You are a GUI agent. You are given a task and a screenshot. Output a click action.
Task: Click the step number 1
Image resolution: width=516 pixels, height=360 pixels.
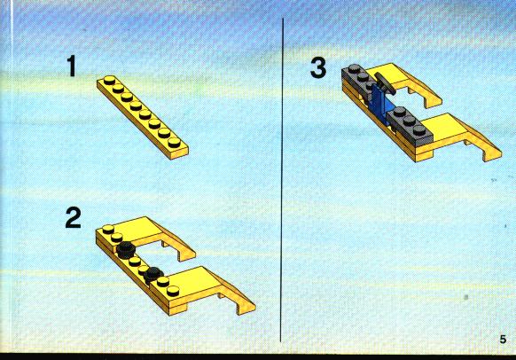72,67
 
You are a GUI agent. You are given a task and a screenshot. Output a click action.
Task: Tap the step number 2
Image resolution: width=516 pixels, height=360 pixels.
73,217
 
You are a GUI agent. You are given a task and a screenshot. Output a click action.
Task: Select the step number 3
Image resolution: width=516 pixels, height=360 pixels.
318,67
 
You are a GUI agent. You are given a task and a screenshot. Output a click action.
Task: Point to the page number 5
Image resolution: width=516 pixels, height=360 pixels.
503,340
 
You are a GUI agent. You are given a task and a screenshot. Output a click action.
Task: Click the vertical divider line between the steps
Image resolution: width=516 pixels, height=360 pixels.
282,180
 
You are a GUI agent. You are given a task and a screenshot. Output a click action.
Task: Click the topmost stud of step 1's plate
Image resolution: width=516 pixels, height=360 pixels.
109,80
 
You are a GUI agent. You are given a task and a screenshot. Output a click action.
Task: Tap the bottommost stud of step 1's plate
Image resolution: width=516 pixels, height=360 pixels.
174,142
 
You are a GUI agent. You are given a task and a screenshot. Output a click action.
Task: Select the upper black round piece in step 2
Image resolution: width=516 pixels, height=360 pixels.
125,249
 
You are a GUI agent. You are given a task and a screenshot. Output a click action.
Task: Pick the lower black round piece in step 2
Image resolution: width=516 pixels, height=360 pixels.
153,275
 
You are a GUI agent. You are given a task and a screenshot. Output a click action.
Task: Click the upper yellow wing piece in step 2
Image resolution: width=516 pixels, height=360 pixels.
154,236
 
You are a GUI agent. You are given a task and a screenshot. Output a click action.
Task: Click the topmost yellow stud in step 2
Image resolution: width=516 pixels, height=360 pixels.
108,229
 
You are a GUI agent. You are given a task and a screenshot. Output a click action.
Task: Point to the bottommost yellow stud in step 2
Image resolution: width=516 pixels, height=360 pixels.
173,291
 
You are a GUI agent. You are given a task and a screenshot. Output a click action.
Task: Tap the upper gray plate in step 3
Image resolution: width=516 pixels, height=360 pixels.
359,79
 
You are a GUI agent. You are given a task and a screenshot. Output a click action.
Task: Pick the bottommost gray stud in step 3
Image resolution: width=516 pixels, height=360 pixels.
419,130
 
